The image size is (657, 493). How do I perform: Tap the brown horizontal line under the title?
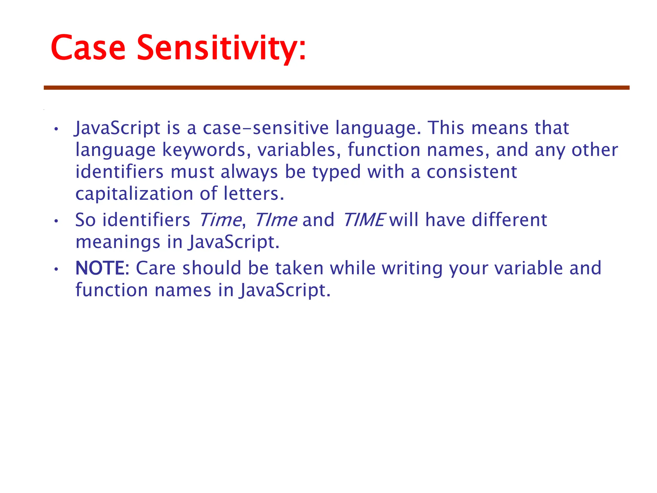(337, 88)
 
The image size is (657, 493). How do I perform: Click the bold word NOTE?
(100, 268)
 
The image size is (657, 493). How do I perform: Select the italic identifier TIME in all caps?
(363, 220)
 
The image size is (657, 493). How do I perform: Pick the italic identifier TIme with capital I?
(276, 220)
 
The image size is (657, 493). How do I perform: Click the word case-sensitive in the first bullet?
(266, 128)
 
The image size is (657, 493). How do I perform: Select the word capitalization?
(134, 194)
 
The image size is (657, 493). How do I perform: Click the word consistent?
(472, 172)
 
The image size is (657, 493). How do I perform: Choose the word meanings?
(117, 242)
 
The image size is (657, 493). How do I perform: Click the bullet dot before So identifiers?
(56, 221)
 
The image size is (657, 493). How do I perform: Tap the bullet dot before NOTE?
(56, 269)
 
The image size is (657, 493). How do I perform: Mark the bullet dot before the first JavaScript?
(56, 129)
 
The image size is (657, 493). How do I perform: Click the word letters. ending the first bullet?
(254, 194)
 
